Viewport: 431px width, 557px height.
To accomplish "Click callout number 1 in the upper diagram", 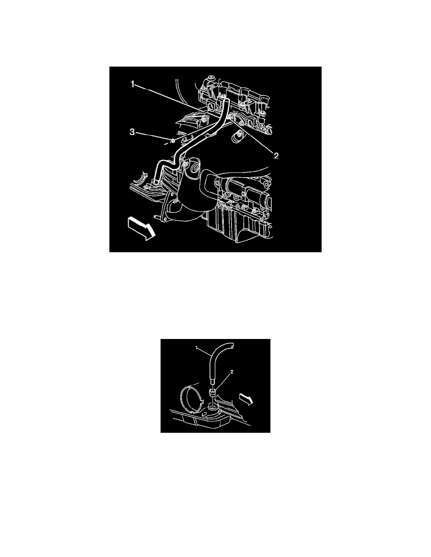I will click(133, 84).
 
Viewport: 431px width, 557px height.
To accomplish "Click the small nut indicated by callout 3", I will click(173, 141).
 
